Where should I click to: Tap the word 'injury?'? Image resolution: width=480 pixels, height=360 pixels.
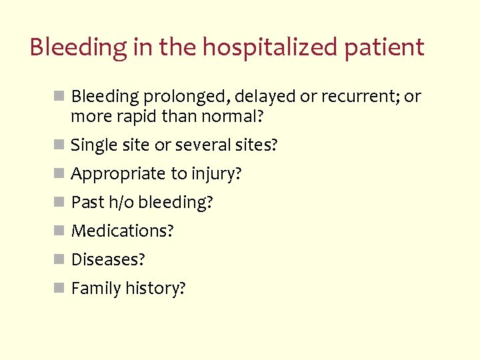pos(216,174)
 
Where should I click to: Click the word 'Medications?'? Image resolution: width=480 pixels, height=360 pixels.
pos(122,231)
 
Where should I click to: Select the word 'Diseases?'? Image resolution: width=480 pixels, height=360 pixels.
pos(108,259)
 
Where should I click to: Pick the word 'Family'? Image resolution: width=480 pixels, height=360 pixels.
pos(93,289)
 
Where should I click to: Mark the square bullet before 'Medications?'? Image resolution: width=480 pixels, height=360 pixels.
pos(59,231)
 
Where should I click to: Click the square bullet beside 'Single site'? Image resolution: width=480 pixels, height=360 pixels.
pos(59,145)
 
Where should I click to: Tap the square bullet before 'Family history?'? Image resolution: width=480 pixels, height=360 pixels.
pos(59,288)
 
